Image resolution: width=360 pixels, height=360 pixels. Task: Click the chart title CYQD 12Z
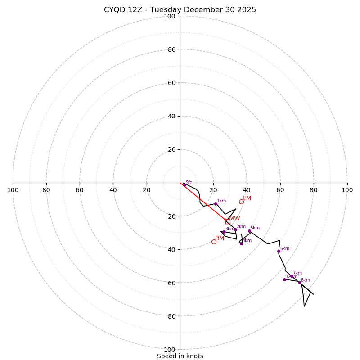(180, 10)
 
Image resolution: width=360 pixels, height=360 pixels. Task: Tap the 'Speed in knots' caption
(180, 356)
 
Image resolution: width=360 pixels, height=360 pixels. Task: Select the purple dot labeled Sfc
(184, 184)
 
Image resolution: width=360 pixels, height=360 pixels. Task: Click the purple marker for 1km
(216, 204)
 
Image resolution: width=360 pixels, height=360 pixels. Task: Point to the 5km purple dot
(249, 231)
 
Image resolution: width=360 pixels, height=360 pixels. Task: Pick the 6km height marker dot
(279, 251)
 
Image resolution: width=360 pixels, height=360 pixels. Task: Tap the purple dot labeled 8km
(300, 283)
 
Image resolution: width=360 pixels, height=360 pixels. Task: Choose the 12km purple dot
(284, 279)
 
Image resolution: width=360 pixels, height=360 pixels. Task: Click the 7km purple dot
(292, 276)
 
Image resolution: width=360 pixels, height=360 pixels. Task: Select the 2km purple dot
(235, 229)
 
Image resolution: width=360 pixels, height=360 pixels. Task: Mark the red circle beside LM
(241, 202)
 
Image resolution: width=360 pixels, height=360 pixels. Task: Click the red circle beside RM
(214, 242)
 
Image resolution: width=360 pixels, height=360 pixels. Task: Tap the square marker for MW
(228, 221)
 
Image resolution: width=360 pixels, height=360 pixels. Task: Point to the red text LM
(247, 198)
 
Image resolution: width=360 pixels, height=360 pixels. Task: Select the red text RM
(220, 238)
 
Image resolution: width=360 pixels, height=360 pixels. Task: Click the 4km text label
(247, 240)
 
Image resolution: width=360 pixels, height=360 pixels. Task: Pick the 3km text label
(229, 229)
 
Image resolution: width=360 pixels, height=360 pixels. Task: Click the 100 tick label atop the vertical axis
(170, 16)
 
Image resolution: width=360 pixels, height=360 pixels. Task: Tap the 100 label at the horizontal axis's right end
(347, 190)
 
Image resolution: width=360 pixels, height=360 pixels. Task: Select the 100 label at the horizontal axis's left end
(13, 190)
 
